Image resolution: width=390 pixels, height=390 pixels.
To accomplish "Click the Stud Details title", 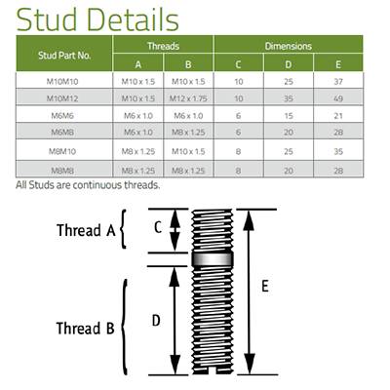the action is coord(97,19).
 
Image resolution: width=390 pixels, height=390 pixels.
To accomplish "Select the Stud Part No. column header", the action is coord(64,56).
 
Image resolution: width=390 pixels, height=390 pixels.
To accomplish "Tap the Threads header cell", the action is coord(163,46).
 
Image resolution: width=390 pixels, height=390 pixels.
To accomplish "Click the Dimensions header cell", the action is coord(289,46).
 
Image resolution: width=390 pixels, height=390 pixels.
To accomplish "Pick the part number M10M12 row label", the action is coord(62,98).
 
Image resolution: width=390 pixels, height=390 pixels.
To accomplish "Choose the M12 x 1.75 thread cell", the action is coord(188,98).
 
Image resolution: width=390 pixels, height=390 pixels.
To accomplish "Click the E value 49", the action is coord(338,98).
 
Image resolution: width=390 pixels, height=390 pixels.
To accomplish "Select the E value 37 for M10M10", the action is coord(338,82).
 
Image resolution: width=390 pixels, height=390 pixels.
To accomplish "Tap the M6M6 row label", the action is coord(62,116).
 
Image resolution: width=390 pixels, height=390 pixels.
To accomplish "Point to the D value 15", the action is coord(289,116).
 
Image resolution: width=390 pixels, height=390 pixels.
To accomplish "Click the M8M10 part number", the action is coord(62,151).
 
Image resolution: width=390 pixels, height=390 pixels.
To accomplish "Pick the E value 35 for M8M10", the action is coord(338,151).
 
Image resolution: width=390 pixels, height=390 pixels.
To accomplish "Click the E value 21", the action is coord(338,116).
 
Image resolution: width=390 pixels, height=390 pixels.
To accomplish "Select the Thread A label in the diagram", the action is coord(86,230).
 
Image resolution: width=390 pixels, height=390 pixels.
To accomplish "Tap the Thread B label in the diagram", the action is coord(86,328).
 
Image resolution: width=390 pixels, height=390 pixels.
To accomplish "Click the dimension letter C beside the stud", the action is coord(158,227).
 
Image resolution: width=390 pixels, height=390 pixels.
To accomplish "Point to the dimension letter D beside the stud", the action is coord(156,321).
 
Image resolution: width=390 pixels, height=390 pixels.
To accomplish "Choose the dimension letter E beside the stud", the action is coord(265,287).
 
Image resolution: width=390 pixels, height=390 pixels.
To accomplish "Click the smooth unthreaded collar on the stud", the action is coord(213,259).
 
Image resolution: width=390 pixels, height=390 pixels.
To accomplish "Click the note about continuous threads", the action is coord(88,185).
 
